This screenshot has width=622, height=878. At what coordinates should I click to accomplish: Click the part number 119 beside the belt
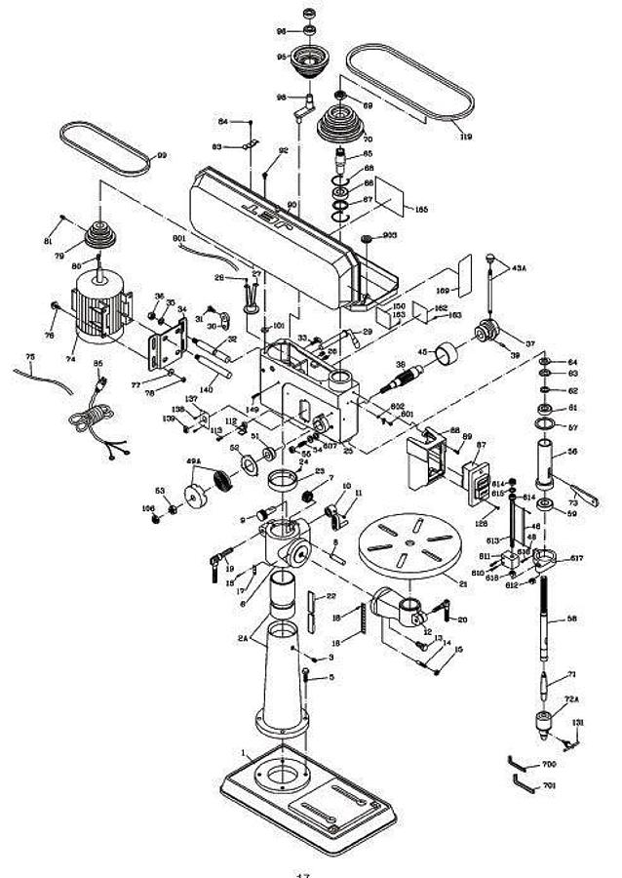[x=465, y=138]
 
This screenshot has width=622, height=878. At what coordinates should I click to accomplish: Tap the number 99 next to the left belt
[x=162, y=155]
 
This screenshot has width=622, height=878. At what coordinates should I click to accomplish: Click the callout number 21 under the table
[x=462, y=582]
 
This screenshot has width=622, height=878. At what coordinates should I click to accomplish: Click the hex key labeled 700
[x=520, y=762]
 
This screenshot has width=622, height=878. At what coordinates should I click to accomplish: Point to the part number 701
[x=549, y=785]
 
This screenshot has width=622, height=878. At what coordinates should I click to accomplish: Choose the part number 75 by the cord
[x=30, y=358]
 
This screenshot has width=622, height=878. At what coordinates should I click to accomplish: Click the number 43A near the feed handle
[x=518, y=267]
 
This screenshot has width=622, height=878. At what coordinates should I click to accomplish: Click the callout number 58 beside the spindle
[x=571, y=619]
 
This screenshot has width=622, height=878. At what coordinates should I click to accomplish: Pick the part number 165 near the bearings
[x=420, y=209]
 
